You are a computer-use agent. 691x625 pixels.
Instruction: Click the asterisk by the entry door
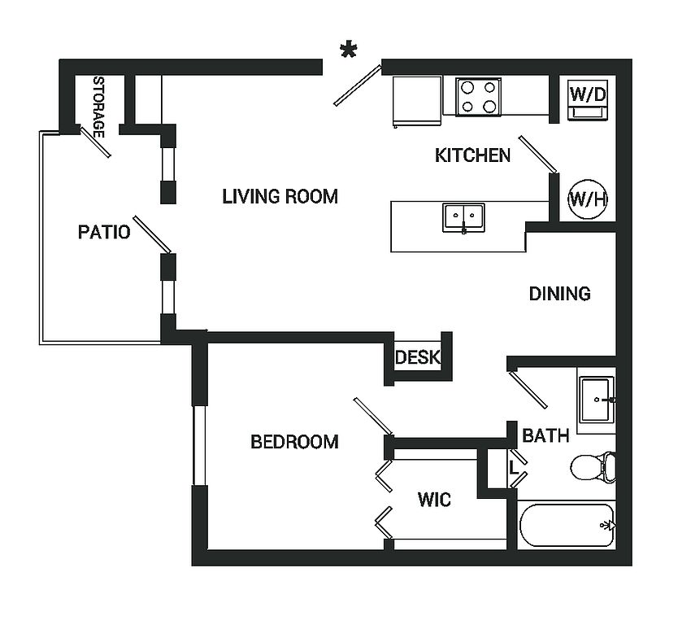(349, 51)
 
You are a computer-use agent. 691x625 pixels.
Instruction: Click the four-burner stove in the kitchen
(478, 97)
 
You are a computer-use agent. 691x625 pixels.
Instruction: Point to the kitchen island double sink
(463, 218)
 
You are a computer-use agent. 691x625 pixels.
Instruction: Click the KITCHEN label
(472, 155)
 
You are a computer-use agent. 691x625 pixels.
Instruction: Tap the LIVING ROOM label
(280, 196)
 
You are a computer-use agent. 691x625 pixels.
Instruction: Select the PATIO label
(104, 233)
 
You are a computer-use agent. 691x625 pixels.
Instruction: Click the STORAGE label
(98, 107)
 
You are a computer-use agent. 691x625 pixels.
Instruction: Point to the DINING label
(559, 294)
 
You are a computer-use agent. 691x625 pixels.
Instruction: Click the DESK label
(417, 357)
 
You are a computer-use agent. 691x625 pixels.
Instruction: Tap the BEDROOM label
(294, 442)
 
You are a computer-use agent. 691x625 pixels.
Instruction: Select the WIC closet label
(434, 500)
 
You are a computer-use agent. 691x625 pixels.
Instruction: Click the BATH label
(545, 436)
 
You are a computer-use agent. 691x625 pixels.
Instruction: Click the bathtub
(567, 525)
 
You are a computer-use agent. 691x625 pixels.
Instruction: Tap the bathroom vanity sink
(597, 400)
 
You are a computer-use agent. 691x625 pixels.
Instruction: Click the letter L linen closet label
(514, 469)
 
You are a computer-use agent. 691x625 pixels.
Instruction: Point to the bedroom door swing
(373, 416)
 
